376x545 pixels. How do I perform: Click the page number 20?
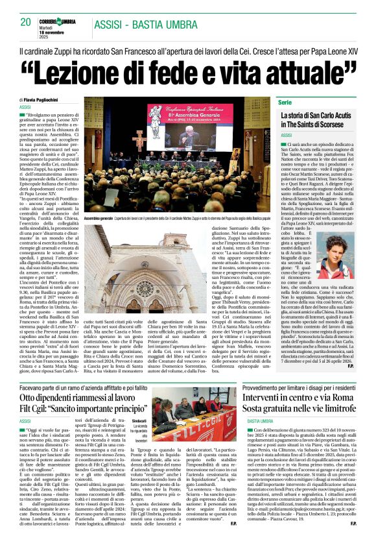(x=26, y=21)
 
